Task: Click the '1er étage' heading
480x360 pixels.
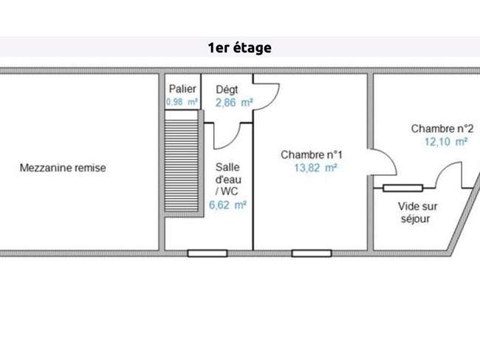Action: pyautogui.click(x=240, y=48)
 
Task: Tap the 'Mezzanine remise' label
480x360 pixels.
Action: pyautogui.click(x=63, y=168)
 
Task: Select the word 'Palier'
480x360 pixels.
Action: pyautogui.click(x=182, y=89)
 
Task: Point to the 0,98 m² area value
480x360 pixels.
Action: pyautogui.click(x=182, y=102)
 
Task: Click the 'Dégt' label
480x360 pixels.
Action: pyautogui.click(x=227, y=89)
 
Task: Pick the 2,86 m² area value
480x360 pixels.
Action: pyautogui.click(x=234, y=103)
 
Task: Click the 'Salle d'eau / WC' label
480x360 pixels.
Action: pyautogui.click(x=228, y=179)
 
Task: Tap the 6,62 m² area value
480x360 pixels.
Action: pyautogui.click(x=227, y=205)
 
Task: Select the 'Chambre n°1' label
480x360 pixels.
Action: pyautogui.click(x=312, y=154)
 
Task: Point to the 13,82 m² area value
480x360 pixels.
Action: pyautogui.click(x=315, y=168)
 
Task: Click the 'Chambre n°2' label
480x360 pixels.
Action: pyautogui.click(x=442, y=129)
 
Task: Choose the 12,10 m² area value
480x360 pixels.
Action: pyautogui.click(x=446, y=142)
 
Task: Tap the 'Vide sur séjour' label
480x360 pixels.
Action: pyautogui.click(x=417, y=212)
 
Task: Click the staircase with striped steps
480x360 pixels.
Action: pyautogui.click(x=182, y=166)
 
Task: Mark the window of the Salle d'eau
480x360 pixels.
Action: pyautogui.click(x=208, y=254)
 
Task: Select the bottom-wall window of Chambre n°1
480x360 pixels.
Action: pyautogui.click(x=312, y=254)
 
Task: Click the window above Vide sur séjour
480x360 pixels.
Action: pyautogui.click(x=403, y=188)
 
